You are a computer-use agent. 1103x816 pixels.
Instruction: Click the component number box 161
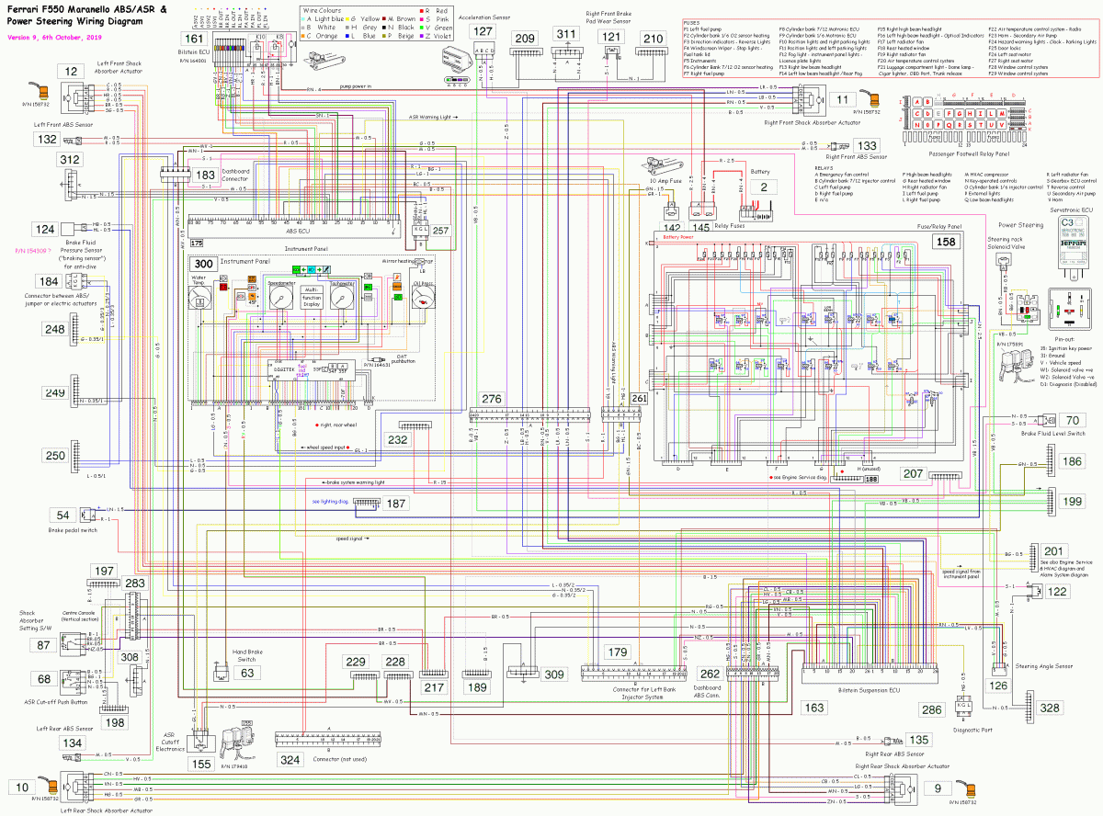tap(194, 40)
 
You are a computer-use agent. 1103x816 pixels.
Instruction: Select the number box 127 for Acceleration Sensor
tap(483, 30)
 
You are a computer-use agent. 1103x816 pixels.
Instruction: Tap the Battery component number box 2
tap(762, 187)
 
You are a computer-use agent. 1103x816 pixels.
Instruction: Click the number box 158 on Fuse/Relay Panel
tap(944, 241)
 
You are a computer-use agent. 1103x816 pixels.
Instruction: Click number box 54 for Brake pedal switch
tap(63, 516)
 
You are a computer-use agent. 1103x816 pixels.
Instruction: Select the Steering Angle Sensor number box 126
tap(996, 684)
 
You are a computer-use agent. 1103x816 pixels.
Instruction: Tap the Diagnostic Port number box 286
tap(932, 709)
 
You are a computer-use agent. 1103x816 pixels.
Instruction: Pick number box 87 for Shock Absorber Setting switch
tap(43, 645)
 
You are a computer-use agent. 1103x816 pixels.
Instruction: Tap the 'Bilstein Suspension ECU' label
tap(870, 686)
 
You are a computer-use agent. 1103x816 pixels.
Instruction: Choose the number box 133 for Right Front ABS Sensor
tap(865, 145)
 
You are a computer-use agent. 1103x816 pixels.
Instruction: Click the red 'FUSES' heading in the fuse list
tap(692, 22)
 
